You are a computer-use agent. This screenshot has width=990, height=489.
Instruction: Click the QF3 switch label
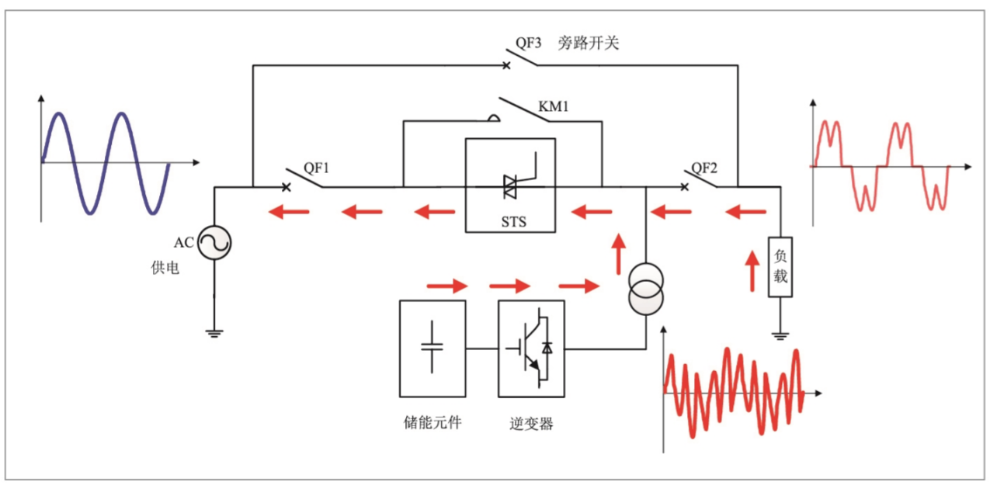528,43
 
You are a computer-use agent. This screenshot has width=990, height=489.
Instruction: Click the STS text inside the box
510,222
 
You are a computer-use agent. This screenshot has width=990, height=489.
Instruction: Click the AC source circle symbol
214,243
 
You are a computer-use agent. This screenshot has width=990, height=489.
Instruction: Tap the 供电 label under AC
165,268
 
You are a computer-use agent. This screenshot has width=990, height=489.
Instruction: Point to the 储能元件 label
432,423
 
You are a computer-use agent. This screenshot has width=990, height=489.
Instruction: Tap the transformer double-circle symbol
646,288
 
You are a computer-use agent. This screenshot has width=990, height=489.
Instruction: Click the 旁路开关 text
588,43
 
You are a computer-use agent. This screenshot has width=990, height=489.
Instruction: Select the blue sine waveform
105,161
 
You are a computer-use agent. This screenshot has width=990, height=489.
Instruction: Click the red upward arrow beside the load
752,271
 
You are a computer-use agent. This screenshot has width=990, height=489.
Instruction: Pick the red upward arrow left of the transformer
619,253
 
